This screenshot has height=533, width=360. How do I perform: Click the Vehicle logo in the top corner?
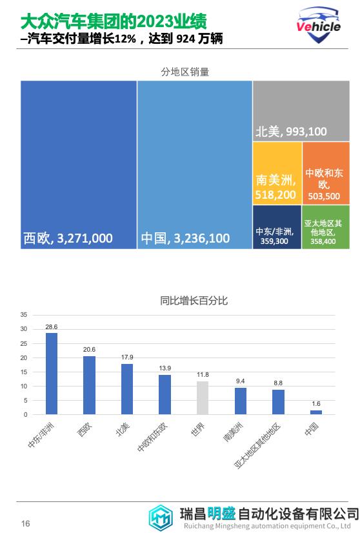tap(318, 25)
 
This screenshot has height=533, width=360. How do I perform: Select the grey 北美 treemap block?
tap(301, 111)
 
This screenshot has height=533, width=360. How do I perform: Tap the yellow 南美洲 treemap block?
tap(277, 173)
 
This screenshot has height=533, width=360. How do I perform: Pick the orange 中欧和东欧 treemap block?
tap(326, 173)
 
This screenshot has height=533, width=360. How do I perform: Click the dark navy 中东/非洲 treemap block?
tap(277, 226)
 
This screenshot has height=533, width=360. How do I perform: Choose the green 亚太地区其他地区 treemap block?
tap(325, 226)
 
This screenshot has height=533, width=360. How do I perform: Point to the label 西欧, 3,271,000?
tap(68, 238)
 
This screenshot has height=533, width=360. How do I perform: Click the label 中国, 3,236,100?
tap(185, 238)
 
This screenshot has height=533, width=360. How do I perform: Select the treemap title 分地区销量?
tap(185, 72)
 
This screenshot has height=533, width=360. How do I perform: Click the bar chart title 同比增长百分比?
tap(194, 301)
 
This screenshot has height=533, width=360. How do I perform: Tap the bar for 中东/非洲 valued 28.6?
tap(52, 374)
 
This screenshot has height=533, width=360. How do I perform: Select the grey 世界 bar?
tap(203, 397)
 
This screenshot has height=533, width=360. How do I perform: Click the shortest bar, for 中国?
tap(316, 412)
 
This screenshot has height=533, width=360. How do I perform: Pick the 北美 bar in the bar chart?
tap(127, 389)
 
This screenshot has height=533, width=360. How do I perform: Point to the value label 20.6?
tap(89, 350)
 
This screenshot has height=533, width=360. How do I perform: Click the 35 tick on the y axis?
tap(23, 315)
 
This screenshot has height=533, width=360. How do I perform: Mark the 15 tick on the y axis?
tap(23, 372)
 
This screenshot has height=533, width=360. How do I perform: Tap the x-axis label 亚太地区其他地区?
tap(258, 446)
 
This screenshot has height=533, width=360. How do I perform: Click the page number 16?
tap(26, 523)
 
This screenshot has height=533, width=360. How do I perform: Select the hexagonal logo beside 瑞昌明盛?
tap(161, 517)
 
